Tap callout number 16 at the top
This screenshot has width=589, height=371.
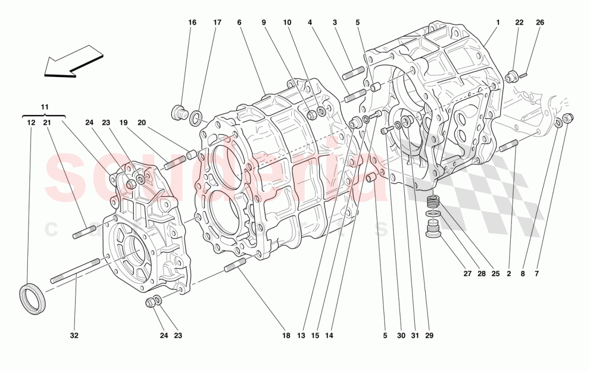[x=192, y=22]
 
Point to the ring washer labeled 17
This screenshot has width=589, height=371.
[x=197, y=117]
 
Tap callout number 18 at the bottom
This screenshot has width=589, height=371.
[x=286, y=336]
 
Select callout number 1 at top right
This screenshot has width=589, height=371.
[x=497, y=22]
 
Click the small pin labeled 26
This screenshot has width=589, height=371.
[x=524, y=75]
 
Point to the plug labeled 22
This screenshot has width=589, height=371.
[x=511, y=76]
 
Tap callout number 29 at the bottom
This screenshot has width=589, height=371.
[x=429, y=336]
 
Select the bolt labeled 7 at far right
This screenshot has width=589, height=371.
[x=569, y=118]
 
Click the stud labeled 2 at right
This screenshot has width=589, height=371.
[x=508, y=145]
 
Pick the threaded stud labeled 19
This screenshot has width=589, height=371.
[x=175, y=162]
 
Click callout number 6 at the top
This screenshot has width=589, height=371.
[x=239, y=22]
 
